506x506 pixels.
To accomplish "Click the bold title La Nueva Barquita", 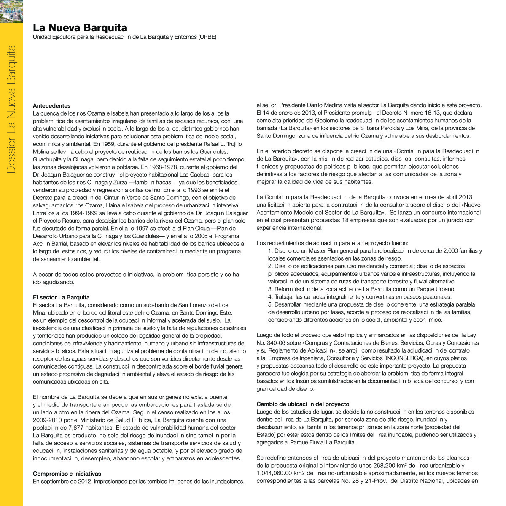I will click(x=80, y=28).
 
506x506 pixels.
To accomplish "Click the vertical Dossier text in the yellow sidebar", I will click(x=11, y=109).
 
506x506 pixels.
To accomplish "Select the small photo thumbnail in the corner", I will click(x=11, y=11).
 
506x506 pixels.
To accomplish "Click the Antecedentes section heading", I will click(x=52, y=106).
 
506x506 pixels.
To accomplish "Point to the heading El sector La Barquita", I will click(x=61, y=297).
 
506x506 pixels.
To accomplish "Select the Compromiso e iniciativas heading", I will click(x=67, y=474).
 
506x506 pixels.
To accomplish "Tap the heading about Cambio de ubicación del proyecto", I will click(x=303, y=404).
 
